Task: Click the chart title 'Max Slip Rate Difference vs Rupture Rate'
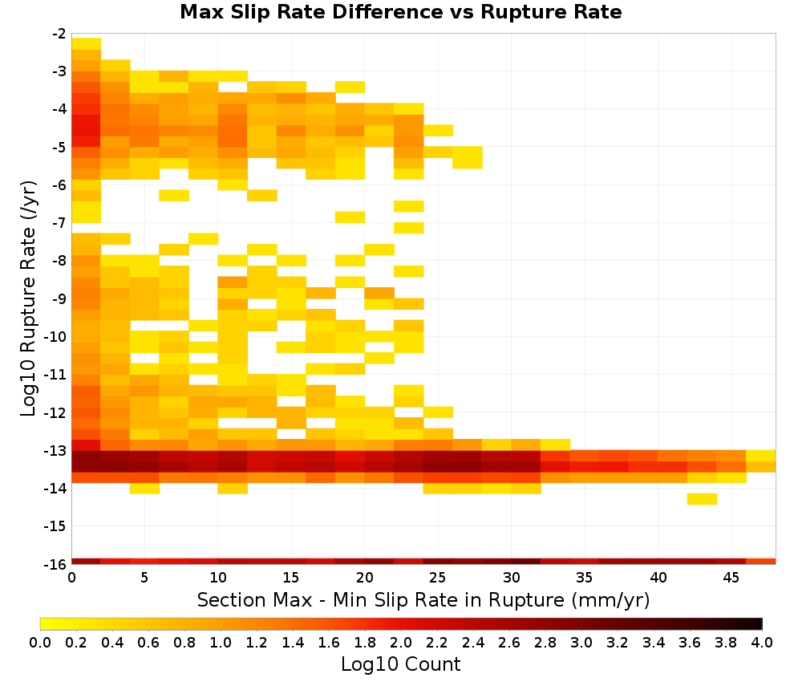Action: tap(400, 12)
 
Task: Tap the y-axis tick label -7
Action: tap(59, 223)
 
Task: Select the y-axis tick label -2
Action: tap(59, 34)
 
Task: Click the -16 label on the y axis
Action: tap(56, 564)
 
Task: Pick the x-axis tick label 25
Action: tap(437, 578)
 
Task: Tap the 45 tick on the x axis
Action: tap(731, 578)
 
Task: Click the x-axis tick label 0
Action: tap(71, 578)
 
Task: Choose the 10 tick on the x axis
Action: tap(218, 578)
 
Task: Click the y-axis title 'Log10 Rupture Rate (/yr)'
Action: tap(28, 298)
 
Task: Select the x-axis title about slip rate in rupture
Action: tap(423, 599)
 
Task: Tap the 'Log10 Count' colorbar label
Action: tap(400, 664)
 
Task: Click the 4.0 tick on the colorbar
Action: tap(762, 642)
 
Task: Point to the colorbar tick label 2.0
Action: tap(401, 642)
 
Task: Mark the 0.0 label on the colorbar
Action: tap(40, 642)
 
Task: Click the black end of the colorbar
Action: tap(759, 623)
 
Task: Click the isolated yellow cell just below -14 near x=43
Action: tap(702, 499)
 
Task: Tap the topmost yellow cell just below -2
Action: tap(86, 43)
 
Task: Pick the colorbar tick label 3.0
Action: tap(581, 642)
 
